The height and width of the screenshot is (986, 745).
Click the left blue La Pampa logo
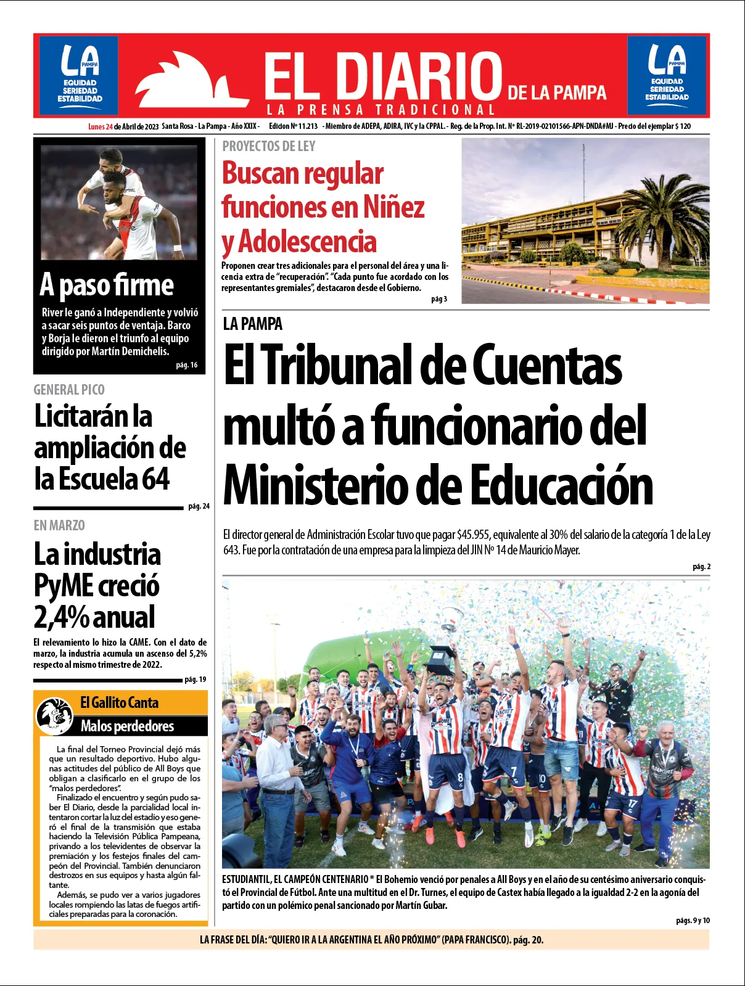(79, 73)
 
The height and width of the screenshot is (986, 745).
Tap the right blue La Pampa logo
(667, 73)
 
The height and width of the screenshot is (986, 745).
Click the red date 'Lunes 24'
(100, 126)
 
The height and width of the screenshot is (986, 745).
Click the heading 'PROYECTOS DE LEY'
(269, 147)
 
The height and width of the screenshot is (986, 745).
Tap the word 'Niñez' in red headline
(393, 207)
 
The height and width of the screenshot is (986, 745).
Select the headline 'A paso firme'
(107, 286)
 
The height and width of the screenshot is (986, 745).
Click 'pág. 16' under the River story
(186, 365)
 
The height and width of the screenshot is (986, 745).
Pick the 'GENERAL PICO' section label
(69, 390)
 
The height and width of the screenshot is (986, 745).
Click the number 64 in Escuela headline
(155, 479)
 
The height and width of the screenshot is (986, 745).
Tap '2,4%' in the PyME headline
(61, 617)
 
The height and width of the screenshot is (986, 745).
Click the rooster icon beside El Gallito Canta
(54, 715)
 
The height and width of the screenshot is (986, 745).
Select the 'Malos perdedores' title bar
(128, 726)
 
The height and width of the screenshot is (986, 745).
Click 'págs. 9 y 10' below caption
(693, 921)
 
